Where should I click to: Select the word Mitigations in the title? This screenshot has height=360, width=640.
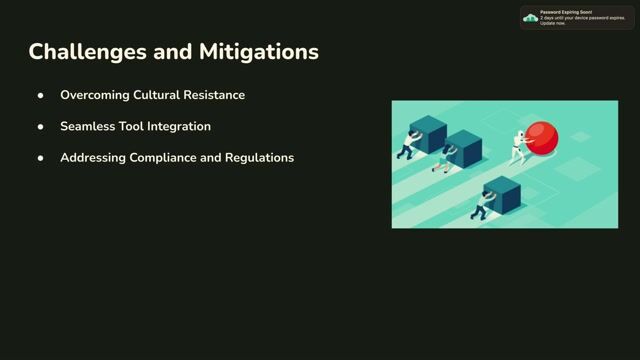[x=261, y=51]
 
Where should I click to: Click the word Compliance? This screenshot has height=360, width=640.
[x=170, y=157]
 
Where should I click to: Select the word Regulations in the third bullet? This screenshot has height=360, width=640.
[x=259, y=157]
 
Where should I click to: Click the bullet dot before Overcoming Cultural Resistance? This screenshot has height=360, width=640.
[x=41, y=95]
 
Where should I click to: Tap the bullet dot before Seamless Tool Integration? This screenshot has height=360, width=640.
[x=41, y=127]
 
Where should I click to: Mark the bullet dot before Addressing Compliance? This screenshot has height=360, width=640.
[x=41, y=158]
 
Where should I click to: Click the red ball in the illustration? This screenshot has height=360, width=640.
[x=543, y=138]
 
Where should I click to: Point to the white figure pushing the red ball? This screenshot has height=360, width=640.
[x=517, y=146]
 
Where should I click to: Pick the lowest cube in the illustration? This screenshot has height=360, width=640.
[x=503, y=194]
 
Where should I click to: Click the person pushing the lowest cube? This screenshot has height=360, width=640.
[x=481, y=204]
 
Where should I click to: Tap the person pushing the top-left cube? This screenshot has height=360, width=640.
[x=406, y=146]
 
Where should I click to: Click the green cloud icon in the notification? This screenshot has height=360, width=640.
[x=531, y=18]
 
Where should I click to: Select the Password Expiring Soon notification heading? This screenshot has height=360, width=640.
[x=566, y=12]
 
